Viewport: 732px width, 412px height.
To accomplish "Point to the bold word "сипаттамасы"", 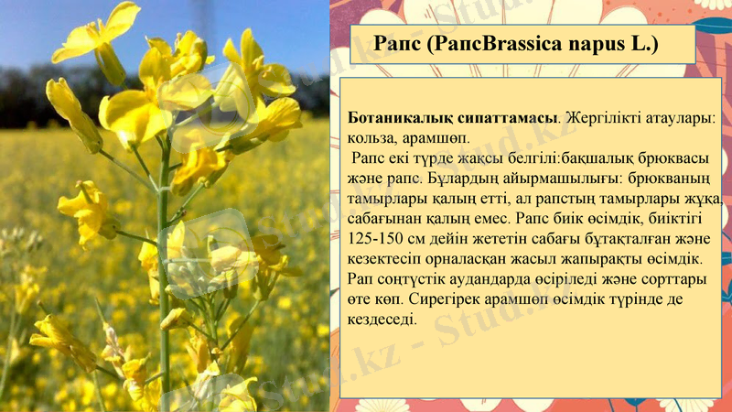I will pos(509,119).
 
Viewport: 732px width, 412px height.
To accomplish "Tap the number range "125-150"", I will pos(377,239).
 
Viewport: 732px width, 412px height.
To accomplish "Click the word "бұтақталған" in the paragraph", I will pos(598,239).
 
